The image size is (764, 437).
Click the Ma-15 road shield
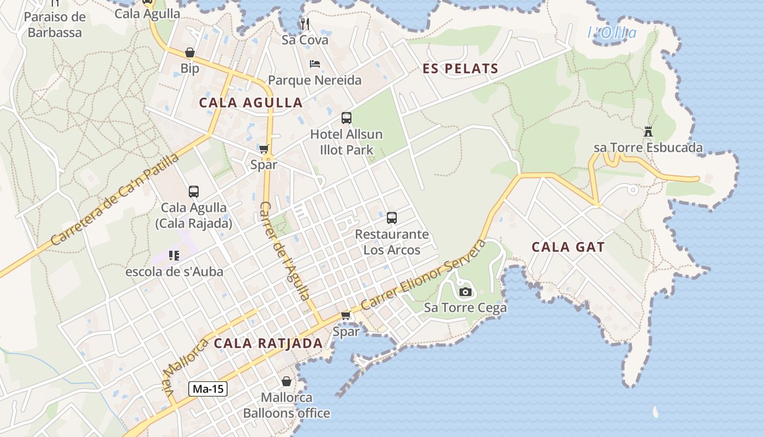[x=208, y=389]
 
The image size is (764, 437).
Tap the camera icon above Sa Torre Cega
[x=465, y=292]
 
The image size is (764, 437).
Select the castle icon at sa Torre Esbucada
[x=648, y=132]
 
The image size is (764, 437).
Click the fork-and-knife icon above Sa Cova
[x=305, y=24]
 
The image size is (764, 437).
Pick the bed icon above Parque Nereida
[x=315, y=64]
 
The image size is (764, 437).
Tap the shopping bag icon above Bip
[x=190, y=53]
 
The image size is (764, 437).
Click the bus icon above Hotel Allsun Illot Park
[x=347, y=118]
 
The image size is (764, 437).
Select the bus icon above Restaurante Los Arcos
[x=392, y=218]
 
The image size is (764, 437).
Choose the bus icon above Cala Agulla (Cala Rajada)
[x=194, y=192]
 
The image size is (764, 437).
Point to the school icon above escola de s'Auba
[x=174, y=255]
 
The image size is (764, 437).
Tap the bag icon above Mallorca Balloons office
[x=286, y=381]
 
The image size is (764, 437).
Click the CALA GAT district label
[x=568, y=247]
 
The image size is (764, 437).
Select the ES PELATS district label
[x=461, y=69]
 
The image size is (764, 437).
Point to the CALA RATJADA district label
[x=268, y=343]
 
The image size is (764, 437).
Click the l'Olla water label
[x=612, y=33]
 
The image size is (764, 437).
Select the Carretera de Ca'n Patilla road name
[x=115, y=199]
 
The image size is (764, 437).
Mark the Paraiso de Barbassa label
[x=55, y=25]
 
